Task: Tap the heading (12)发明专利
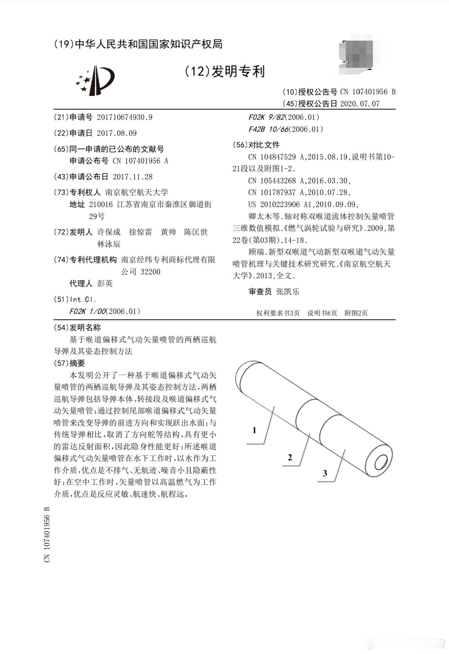pyautogui.click(x=224, y=72)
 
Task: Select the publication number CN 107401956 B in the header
pyautogui.click(x=368, y=92)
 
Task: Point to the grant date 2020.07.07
pyautogui.click(x=360, y=104)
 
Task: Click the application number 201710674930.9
pyautogui.click(x=124, y=117)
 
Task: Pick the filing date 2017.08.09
pyautogui.click(x=117, y=133)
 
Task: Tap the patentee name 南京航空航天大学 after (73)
pyautogui.click(x=136, y=192)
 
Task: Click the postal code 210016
pyautogui.click(x=101, y=204)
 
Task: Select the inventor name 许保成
pyautogui.click(x=109, y=232)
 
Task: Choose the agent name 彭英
pyautogui.click(x=105, y=283)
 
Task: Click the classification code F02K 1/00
pyautogui.click(x=88, y=312)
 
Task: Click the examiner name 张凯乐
pyautogui.click(x=288, y=292)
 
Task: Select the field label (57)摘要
pyautogui.click(x=69, y=363)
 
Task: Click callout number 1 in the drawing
pyautogui.click(x=254, y=430)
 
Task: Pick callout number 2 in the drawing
pyautogui.click(x=290, y=457)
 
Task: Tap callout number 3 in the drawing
pyautogui.click(x=325, y=473)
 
